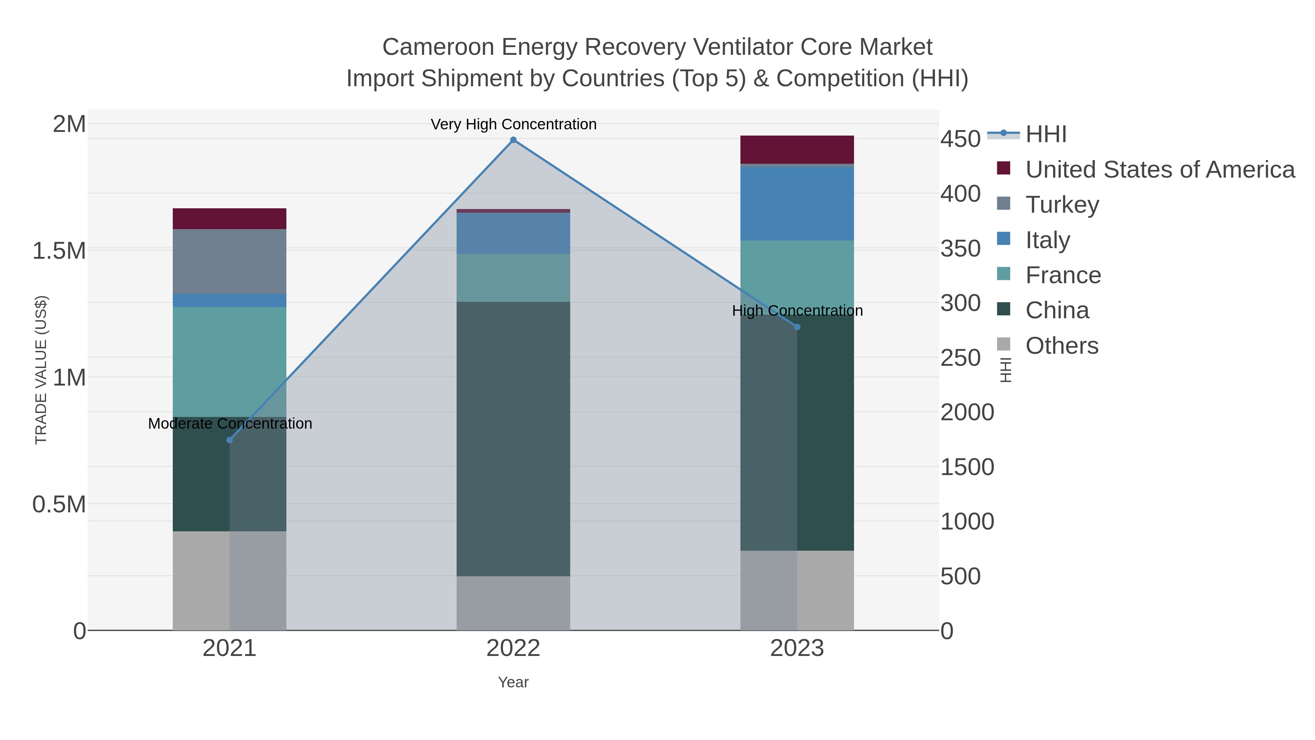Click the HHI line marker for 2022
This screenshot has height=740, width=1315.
(x=513, y=140)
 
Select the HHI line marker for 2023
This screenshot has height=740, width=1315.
(x=797, y=327)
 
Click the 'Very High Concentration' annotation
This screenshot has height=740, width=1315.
(x=513, y=124)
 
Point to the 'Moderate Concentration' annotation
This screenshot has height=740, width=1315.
(x=230, y=424)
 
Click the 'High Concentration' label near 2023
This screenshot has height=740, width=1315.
(x=797, y=311)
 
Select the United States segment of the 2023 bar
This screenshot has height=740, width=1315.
(x=797, y=149)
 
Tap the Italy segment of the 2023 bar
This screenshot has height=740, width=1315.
(x=797, y=203)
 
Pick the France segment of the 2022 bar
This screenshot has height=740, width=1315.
(x=513, y=278)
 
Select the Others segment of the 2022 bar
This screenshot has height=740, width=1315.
(x=513, y=603)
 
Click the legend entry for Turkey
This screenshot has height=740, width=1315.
(x=1062, y=205)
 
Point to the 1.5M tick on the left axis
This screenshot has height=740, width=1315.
(x=59, y=251)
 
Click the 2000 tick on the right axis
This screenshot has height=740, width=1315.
(x=967, y=412)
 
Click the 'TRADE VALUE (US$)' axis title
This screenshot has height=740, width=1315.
(x=41, y=370)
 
